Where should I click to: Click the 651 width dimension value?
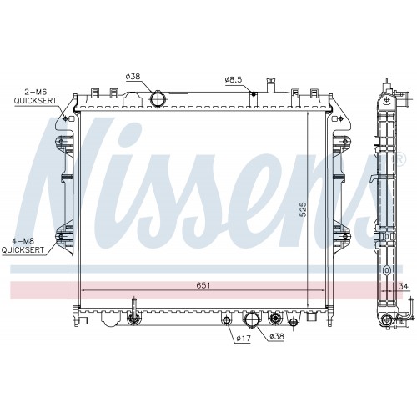(203, 285)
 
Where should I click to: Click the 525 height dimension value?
(303, 209)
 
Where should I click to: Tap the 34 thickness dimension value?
(404, 286)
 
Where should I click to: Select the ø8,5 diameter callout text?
(234, 80)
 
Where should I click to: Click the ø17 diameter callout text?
(244, 339)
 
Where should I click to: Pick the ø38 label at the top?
(133, 77)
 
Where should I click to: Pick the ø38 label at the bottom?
(276, 336)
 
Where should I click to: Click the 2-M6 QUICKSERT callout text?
(35, 96)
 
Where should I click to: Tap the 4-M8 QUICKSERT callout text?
(23, 245)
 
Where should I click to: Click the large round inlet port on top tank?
(158, 98)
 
